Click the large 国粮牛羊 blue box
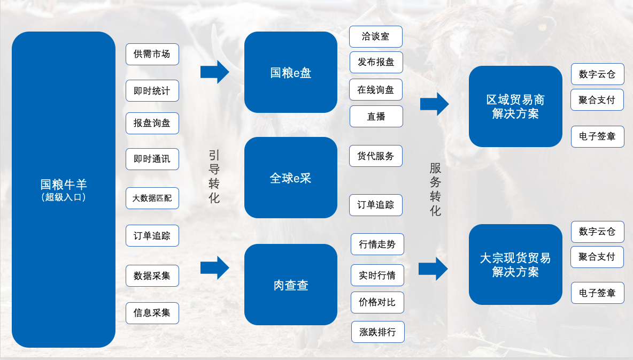coord(63,189)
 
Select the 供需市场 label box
coord(152,54)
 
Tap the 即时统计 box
coord(152,91)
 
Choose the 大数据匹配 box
coord(152,198)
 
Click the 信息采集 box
coord(152,313)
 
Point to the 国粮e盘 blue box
coord(290,72)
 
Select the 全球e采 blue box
coord(290,178)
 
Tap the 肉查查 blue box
coord(290,285)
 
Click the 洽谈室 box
coord(375,36)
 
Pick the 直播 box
coord(376,116)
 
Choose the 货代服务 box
coord(375,156)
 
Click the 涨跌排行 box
coord(377,332)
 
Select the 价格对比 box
coord(377,302)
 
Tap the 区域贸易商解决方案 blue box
coord(515,106)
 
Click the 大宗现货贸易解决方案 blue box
coord(515,264)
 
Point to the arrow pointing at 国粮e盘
coord(214,72)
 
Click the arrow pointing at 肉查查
coord(214,267)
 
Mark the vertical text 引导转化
coord(214,177)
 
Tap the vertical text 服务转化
coord(435,189)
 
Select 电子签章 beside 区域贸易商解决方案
coord(597,136)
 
